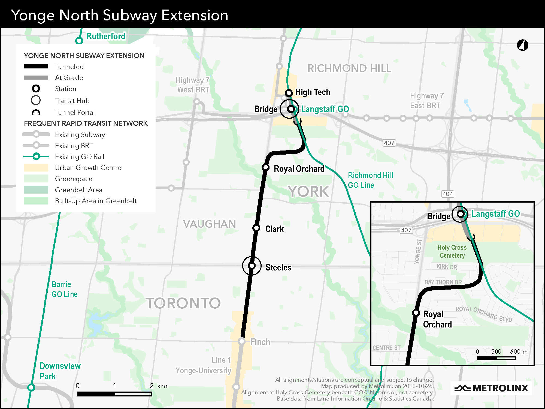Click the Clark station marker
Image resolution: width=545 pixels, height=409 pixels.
(256, 228)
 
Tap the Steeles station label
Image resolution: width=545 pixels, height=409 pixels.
(278, 267)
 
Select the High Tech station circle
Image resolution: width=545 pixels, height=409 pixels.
(289, 93)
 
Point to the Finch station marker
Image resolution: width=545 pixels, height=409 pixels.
(241, 341)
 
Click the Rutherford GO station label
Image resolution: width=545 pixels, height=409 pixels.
(106, 36)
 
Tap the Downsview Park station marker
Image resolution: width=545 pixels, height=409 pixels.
(31, 387)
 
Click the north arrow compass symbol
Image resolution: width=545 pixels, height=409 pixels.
(522, 45)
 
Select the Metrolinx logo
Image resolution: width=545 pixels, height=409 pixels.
(491, 388)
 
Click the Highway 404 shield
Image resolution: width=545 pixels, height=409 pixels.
(448, 194)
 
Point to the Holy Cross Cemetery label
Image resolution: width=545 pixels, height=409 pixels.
(452, 251)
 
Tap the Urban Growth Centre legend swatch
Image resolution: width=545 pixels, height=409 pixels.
(36, 167)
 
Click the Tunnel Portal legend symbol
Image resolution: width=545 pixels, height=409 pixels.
(36, 113)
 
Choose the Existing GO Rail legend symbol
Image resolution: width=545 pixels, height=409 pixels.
(36, 157)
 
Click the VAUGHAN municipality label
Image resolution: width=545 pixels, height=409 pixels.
(209, 224)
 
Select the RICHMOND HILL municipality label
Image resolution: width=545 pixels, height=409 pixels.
(349, 68)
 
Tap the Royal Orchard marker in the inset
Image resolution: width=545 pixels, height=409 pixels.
(416, 313)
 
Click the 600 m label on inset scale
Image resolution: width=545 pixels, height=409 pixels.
(519, 351)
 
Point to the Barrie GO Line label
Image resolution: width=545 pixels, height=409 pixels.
(64, 289)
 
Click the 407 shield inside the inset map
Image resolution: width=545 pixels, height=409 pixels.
(406, 230)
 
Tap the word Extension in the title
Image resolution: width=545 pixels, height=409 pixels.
(195, 15)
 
